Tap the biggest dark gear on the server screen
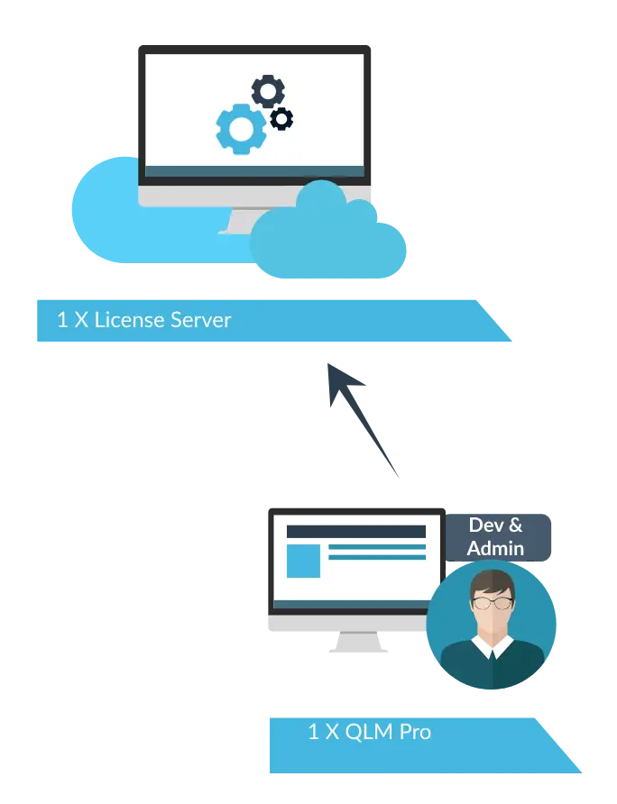pos(268,91)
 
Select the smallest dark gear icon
pos(281,119)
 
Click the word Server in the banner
pos(200,320)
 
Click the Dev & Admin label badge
pos(497,537)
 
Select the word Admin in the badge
pos(495,549)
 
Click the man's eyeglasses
pos(493,602)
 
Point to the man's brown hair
pos(493,583)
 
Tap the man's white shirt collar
pos(493,647)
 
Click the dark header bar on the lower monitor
pos(356,532)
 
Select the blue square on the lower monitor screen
pos(303,561)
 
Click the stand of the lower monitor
pos(358,642)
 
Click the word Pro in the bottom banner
pos(415,732)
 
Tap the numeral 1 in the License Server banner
pos(62,320)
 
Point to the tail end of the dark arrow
pos(399,477)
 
